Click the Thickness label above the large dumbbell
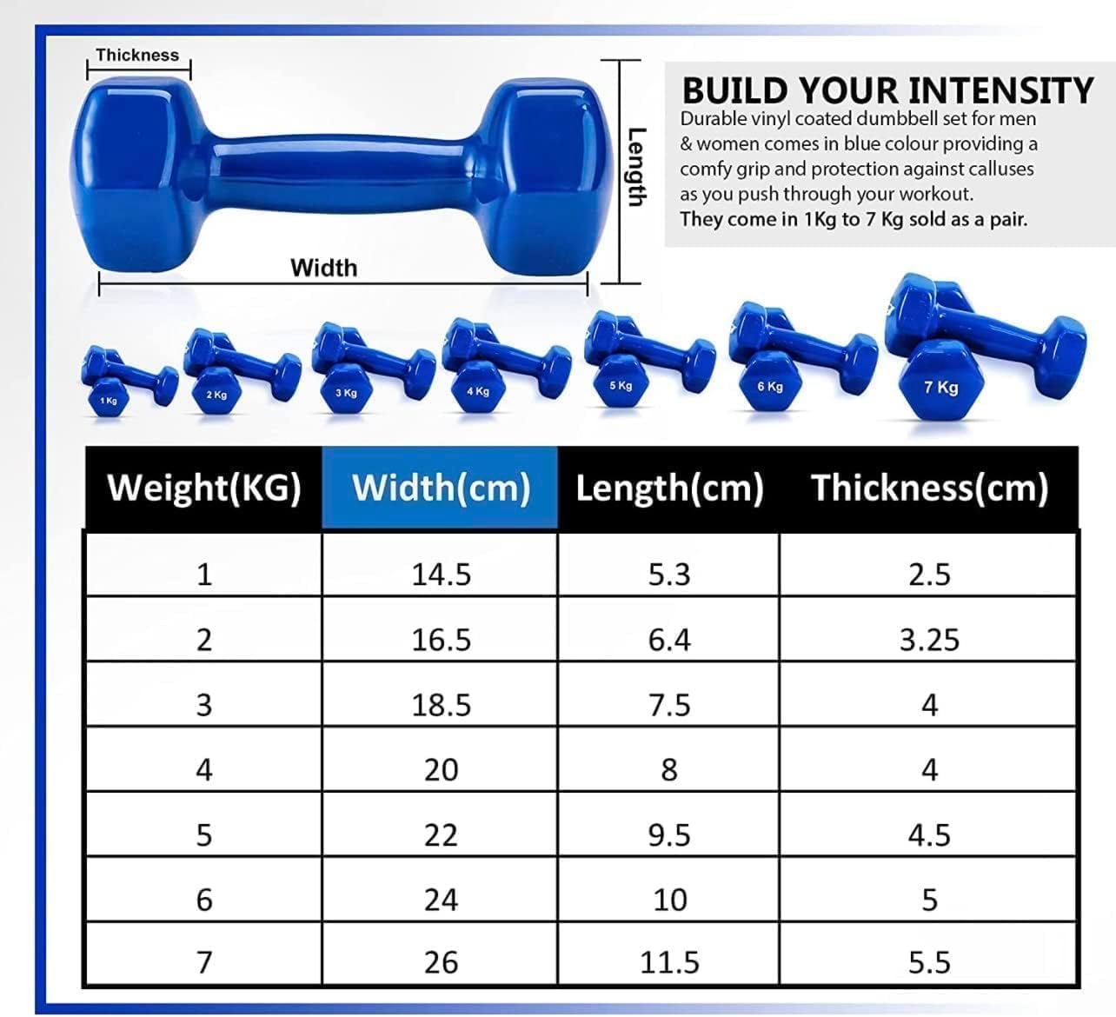click(137, 55)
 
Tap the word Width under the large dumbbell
click(324, 268)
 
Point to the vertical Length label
click(636, 167)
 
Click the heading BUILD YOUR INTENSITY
click(887, 90)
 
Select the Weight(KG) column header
click(204, 488)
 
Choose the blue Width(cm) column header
click(441, 488)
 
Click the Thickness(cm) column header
click(929, 488)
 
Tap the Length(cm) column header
click(669, 488)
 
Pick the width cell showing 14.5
click(441, 574)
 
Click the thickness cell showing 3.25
click(929, 640)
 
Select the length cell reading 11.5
click(669, 962)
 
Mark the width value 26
click(441, 962)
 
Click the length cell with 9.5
click(669, 835)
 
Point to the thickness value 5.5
click(929, 962)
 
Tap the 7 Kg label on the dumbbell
click(941, 387)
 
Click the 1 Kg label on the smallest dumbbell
click(109, 401)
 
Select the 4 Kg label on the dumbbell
click(478, 391)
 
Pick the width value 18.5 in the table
click(441, 705)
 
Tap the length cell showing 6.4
click(669, 640)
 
